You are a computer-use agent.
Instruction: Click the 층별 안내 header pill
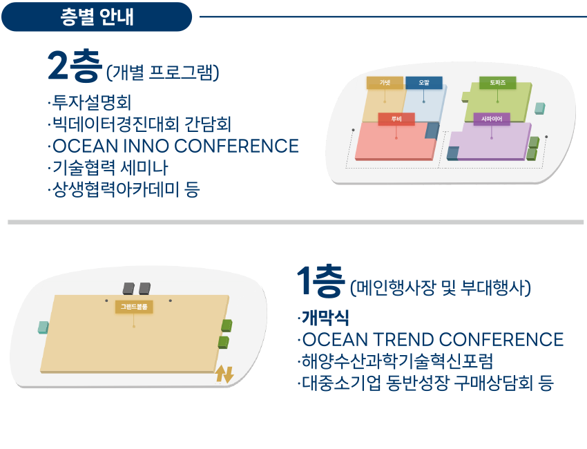[x=97, y=17]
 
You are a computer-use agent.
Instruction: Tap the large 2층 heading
[x=75, y=66]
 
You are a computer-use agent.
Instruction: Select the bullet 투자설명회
[x=90, y=102]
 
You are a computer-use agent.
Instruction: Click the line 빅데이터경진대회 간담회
[x=139, y=124]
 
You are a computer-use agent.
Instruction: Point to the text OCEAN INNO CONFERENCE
[x=173, y=146]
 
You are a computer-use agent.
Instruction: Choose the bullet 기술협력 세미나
[x=108, y=167]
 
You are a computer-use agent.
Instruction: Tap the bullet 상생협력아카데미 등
[x=124, y=189]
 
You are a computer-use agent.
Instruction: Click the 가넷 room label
[x=385, y=83]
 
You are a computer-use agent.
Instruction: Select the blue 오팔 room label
[x=424, y=83]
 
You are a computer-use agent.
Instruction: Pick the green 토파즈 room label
[x=497, y=83]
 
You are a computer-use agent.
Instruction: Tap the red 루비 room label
[x=396, y=119]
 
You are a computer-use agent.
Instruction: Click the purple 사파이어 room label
[x=492, y=119]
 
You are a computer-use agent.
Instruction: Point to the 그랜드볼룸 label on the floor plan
[x=134, y=307]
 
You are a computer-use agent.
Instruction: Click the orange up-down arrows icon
[x=224, y=374]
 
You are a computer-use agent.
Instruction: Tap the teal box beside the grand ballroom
[x=44, y=327]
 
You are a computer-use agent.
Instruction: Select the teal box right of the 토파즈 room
[x=539, y=108]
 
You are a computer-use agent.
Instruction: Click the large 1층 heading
[x=320, y=281]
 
